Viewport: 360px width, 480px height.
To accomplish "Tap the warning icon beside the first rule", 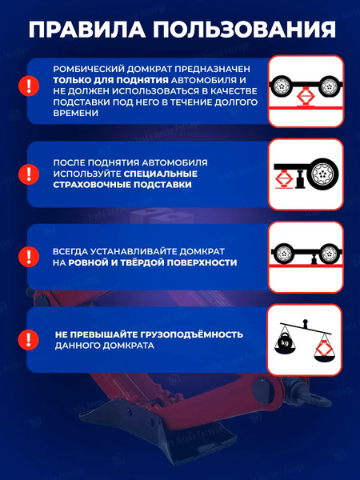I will pos(28,86).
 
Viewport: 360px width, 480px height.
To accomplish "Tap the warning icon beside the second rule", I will pos(28,172).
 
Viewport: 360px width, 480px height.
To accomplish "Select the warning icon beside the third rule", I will pos(28,256).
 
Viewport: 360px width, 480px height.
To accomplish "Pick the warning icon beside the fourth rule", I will pos(28,340).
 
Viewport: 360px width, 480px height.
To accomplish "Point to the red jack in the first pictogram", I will pos(305,98).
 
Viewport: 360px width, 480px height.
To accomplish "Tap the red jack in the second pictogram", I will pos(283,176).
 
